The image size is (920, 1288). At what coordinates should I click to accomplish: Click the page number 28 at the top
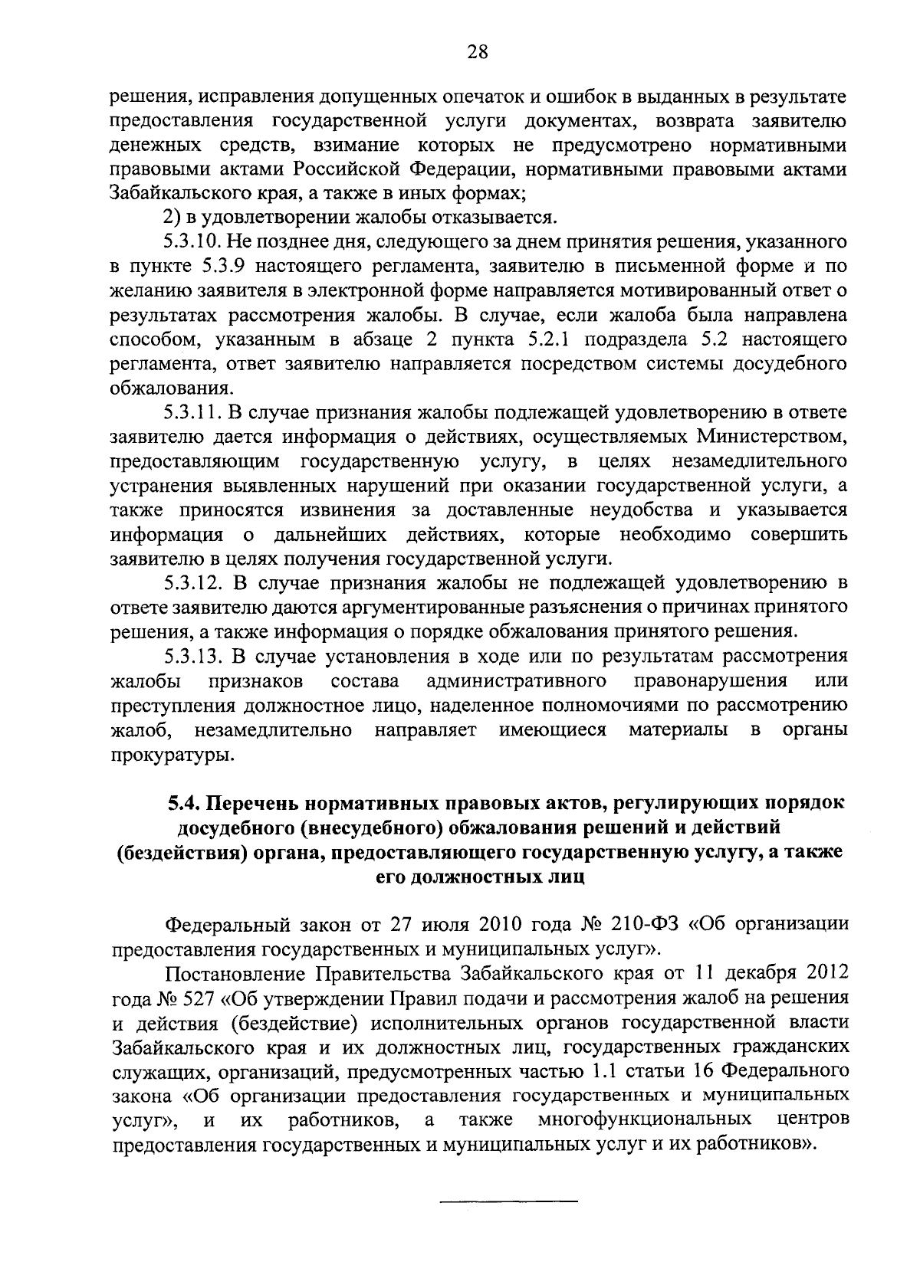[477, 53]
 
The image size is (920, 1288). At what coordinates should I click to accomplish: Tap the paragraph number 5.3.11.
[192, 413]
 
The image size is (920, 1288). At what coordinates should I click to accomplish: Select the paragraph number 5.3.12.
[192, 584]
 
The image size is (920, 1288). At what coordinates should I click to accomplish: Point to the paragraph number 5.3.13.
[192, 657]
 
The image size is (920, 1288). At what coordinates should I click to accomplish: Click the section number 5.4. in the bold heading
[186, 803]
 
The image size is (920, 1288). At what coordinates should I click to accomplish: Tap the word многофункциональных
[644, 1119]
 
